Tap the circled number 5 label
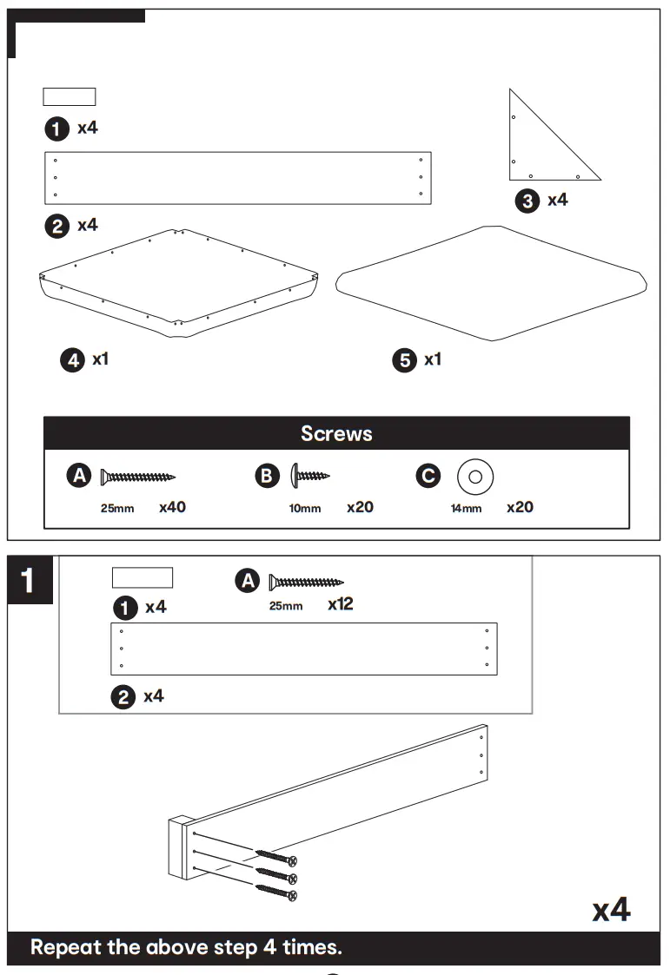pyautogui.click(x=405, y=360)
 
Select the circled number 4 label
pyautogui.click(x=72, y=359)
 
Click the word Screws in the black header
pyautogui.click(x=336, y=433)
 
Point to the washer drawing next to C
pyautogui.click(x=475, y=476)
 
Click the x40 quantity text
pyautogui.click(x=172, y=507)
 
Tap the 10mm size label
pyautogui.click(x=305, y=509)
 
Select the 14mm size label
pyautogui.click(x=466, y=509)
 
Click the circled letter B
pyautogui.click(x=267, y=476)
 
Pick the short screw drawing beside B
pyautogui.click(x=310, y=476)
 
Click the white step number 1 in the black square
pyautogui.click(x=29, y=581)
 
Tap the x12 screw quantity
pyautogui.click(x=341, y=604)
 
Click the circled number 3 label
pyautogui.click(x=527, y=202)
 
